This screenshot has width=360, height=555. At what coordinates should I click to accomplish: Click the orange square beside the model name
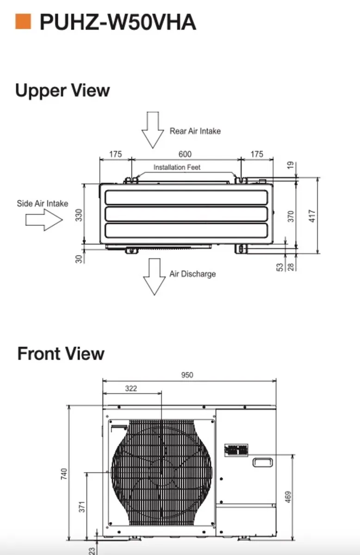(x=23, y=22)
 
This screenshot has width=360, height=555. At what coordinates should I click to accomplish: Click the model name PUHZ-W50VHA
(x=118, y=22)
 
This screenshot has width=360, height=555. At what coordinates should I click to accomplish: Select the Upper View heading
(x=62, y=90)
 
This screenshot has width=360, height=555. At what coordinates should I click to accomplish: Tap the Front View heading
(x=61, y=354)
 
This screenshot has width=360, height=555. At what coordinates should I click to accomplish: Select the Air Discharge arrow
(x=155, y=276)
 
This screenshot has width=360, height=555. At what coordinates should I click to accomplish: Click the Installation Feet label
(x=177, y=167)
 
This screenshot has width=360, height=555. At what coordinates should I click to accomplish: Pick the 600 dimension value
(x=185, y=154)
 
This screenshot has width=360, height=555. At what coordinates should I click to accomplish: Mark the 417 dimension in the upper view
(x=313, y=216)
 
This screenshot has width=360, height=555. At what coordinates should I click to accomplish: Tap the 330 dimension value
(x=79, y=215)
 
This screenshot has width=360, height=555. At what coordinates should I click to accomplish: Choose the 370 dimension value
(x=291, y=216)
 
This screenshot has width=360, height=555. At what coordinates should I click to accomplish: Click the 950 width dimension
(x=187, y=375)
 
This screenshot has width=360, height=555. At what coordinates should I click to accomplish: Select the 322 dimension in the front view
(x=131, y=388)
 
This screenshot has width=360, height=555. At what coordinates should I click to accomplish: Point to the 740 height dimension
(x=64, y=474)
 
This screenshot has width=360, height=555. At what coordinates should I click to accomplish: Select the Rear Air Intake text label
(x=195, y=131)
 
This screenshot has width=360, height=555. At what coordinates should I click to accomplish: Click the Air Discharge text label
(x=192, y=274)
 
